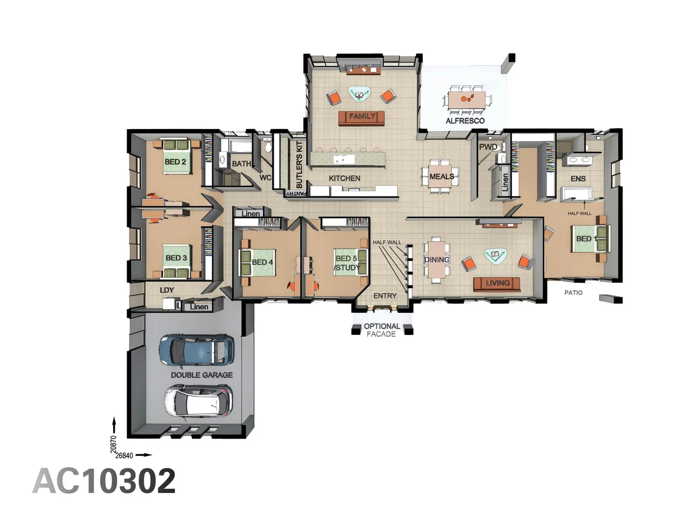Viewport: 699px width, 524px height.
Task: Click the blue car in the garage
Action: point(197,350)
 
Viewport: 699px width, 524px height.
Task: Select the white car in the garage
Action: point(198,401)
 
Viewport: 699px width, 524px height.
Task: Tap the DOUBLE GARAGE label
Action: point(201,375)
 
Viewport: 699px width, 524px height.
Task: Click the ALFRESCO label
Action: point(465,121)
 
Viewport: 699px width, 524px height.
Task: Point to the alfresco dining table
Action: point(466,99)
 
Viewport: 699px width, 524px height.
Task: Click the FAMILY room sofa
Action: point(362,117)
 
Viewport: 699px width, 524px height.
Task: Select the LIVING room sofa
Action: point(497,283)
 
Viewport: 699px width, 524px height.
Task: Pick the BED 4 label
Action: point(262,262)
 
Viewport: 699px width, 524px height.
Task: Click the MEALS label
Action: point(442,177)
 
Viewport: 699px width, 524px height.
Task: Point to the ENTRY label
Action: point(385,295)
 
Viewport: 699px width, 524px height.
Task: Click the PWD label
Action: point(488,147)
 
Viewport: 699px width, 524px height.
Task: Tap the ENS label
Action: point(578,179)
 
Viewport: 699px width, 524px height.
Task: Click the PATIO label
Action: point(573,293)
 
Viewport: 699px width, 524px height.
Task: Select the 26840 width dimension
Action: point(124,456)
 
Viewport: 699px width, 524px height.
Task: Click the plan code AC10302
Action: point(104,481)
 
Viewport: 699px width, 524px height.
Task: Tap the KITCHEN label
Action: point(344,178)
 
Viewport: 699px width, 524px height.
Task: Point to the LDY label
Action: point(166,290)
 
